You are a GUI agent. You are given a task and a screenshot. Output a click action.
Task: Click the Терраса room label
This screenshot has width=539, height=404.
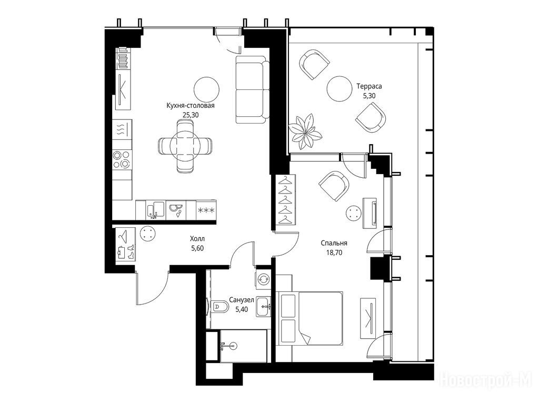click(369, 86)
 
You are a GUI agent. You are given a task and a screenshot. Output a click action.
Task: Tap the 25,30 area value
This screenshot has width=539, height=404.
click(191, 115)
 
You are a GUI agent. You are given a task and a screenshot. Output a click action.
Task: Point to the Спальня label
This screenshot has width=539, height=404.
click(334, 243)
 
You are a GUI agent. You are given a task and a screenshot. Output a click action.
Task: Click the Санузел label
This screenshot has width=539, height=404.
click(242, 300)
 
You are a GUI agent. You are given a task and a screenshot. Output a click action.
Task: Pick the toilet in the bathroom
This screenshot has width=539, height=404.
click(217, 306)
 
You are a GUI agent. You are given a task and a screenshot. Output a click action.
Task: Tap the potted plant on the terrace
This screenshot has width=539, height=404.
click(305, 132)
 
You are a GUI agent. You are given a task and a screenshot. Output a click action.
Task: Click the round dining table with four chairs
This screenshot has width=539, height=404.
click(185, 146)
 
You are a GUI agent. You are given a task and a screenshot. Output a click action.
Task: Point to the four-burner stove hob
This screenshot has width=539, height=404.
click(122, 160)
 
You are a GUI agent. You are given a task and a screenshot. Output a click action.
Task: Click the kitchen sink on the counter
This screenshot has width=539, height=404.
click(156, 210)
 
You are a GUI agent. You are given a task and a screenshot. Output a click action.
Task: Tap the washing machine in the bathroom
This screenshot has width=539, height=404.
click(264, 279)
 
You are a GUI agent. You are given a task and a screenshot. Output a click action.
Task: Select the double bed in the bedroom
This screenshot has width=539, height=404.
click(310, 318)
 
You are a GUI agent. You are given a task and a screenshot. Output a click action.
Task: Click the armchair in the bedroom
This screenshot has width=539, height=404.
click(333, 186)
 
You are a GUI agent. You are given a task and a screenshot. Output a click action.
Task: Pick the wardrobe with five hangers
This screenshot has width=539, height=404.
click(285, 200)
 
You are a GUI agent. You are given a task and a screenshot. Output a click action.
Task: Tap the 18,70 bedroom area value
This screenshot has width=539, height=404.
click(334, 253)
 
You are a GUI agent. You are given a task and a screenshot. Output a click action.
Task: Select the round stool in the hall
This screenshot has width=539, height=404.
click(148, 234)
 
